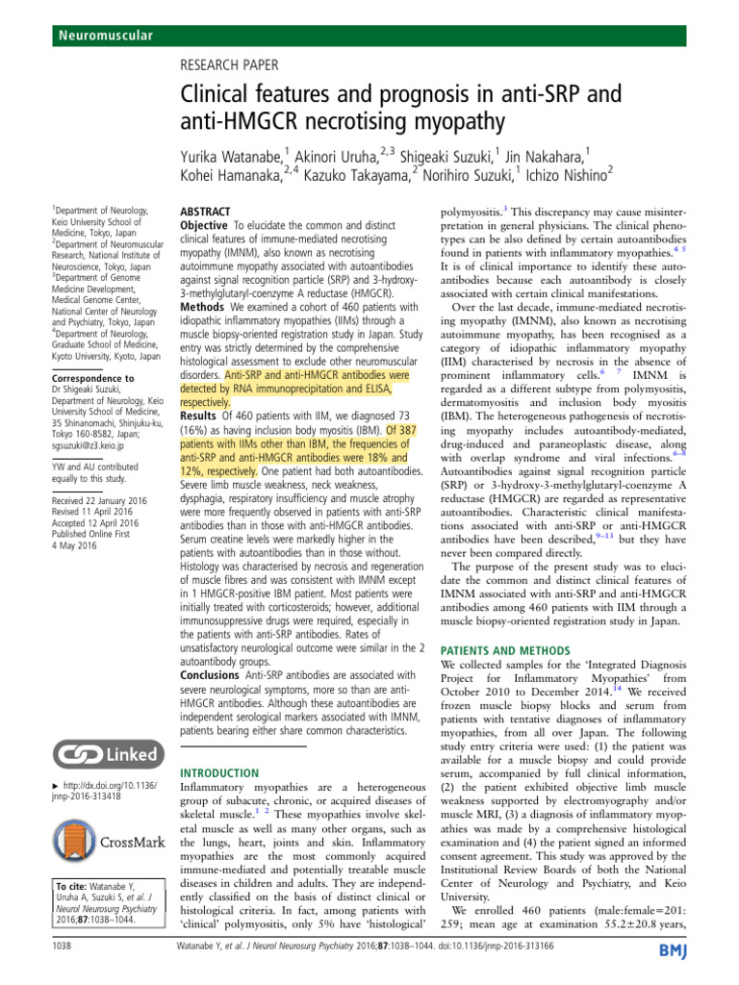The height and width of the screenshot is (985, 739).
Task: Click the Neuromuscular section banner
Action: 100,36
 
